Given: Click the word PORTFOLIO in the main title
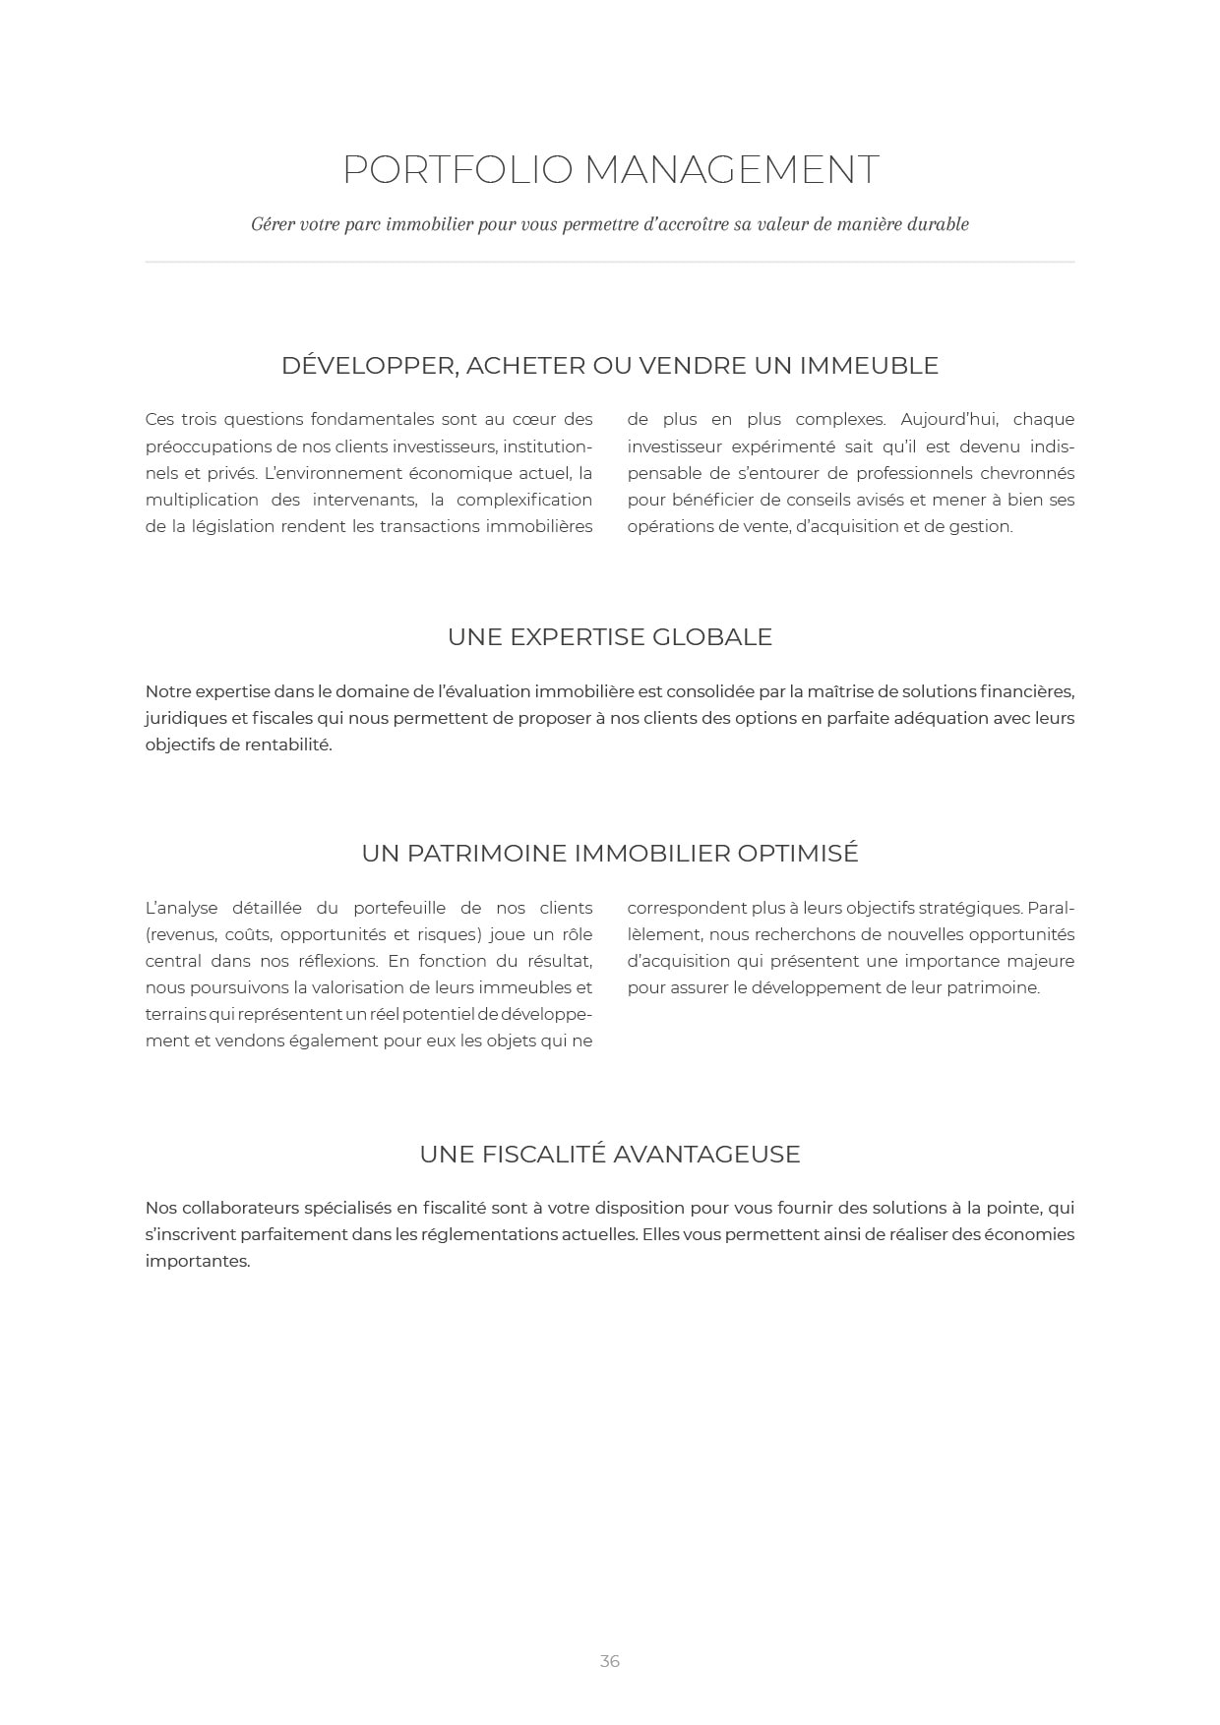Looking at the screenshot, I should coord(457,170).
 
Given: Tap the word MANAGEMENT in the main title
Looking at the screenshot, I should coord(731,170).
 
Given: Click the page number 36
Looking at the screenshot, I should coord(609,1661).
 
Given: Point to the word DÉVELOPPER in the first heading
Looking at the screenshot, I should coord(369,366).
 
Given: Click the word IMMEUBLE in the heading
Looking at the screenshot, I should coord(869,366).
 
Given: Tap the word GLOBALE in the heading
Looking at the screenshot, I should coord(720,637).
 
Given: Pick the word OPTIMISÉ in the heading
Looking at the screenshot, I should coord(798,854).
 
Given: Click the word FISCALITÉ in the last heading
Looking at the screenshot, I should coord(542,1155).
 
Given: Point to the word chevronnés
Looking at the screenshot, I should coord(1027,473).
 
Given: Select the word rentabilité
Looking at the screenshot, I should coord(288,744).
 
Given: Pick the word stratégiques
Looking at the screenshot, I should coord(968,908).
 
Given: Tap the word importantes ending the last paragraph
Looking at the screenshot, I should coord(198,1261).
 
